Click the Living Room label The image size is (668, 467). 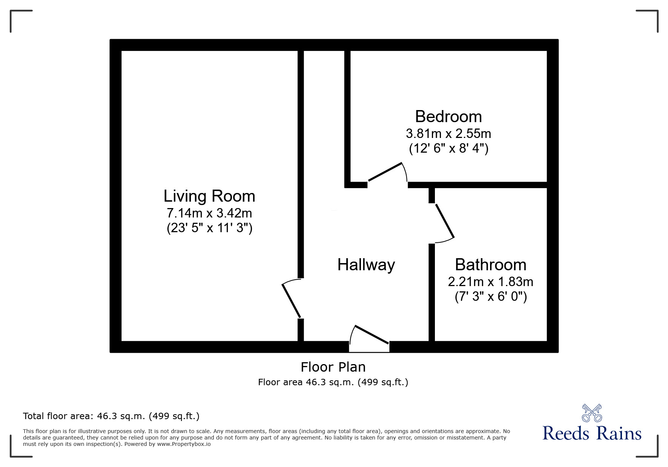click(209, 196)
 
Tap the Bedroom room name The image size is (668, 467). click(448, 117)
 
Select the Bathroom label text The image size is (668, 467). click(490, 265)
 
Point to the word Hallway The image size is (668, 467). click(366, 265)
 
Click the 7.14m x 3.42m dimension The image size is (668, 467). click(209, 213)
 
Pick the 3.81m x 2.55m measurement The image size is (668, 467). click(448, 133)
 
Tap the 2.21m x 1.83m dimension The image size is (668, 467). click(490, 282)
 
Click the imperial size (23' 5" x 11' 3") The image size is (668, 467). click(209, 228)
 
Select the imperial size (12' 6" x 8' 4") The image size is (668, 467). click(448, 149)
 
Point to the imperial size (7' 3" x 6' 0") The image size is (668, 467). click(490, 297)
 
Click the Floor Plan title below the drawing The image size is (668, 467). click(333, 367)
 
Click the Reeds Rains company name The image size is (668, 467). click(592, 433)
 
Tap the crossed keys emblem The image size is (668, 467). click(592, 413)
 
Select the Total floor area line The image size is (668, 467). click(111, 416)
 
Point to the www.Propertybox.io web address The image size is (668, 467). click(184, 444)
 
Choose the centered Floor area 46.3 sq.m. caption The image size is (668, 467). click(333, 382)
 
